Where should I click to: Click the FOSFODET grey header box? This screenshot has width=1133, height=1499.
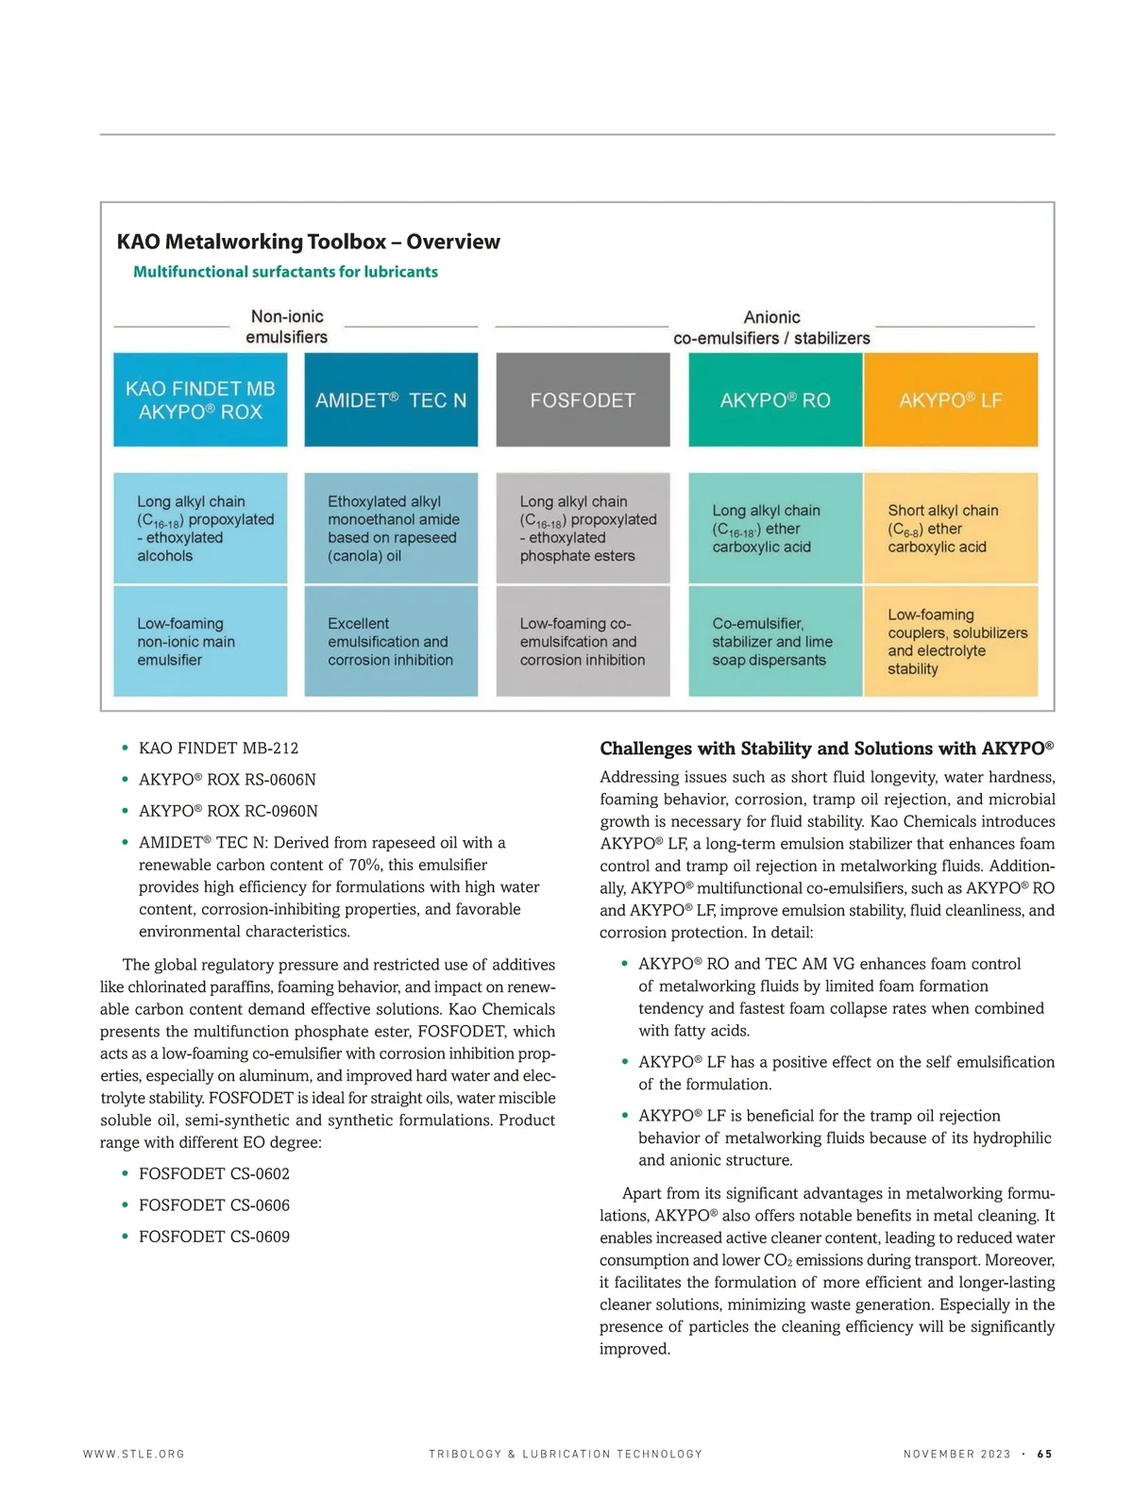click(583, 399)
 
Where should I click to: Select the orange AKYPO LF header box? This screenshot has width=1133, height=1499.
click(950, 399)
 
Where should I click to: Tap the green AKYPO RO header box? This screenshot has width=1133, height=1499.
click(775, 399)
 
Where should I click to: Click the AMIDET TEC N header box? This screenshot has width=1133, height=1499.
click(391, 399)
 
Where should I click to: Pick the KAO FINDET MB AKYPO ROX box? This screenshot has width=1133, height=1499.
click(200, 399)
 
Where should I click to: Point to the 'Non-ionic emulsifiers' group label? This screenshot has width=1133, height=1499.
click(287, 327)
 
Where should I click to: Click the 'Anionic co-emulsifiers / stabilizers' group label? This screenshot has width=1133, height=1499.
click(771, 328)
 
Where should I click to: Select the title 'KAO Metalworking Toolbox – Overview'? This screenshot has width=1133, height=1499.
click(308, 242)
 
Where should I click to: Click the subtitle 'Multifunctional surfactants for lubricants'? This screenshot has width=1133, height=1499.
click(285, 272)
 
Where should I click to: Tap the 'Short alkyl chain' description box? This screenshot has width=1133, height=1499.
click(950, 529)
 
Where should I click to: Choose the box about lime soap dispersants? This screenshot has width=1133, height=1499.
click(775, 642)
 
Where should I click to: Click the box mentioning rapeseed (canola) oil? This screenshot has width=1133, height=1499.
click(391, 529)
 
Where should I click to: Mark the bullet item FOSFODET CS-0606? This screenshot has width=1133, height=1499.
click(214, 1205)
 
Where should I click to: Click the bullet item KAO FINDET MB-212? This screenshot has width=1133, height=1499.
click(218, 749)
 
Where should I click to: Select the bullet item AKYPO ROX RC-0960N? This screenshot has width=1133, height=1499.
click(228, 811)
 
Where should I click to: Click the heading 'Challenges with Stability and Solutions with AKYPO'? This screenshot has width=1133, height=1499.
click(826, 749)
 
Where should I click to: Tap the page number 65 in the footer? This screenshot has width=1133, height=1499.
click(1044, 1455)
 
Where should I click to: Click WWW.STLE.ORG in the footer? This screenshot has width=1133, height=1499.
click(134, 1455)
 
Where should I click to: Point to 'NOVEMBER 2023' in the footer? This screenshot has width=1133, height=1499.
click(956, 1455)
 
